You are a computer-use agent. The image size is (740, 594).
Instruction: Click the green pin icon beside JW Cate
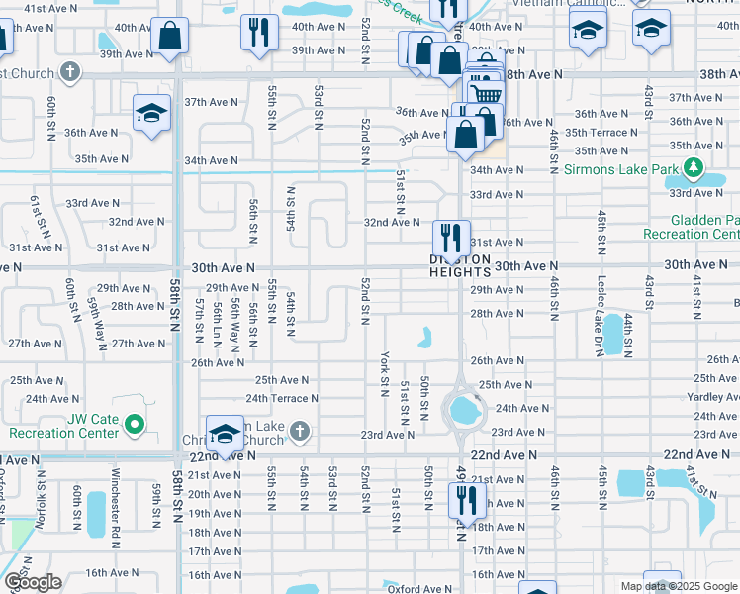[138, 427]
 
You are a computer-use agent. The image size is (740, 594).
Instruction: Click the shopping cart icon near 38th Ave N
[483, 93]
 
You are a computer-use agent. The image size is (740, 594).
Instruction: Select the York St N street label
[384, 373]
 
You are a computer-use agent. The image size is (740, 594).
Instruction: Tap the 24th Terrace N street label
[282, 399]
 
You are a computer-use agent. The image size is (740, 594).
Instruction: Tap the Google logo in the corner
[32, 582]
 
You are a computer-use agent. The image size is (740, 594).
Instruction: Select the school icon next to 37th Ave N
[152, 113]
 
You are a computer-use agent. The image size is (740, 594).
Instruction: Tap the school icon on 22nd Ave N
[226, 435]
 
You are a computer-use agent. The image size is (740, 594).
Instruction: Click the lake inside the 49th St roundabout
[461, 407]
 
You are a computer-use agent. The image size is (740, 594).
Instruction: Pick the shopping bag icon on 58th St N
[170, 37]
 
